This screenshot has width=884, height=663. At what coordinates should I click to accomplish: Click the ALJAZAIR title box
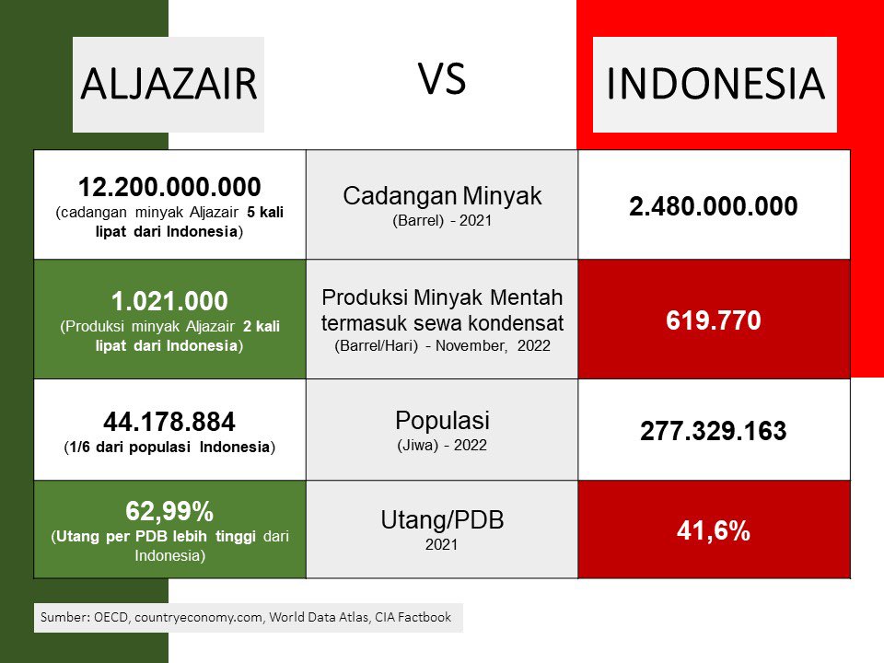tap(169, 84)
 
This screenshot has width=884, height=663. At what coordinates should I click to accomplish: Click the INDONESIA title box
tap(715, 84)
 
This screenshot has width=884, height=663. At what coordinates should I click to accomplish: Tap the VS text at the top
tap(443, 79)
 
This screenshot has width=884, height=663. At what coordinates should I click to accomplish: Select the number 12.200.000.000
tap(169, 187)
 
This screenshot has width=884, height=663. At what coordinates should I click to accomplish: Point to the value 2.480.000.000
tap(714, 207)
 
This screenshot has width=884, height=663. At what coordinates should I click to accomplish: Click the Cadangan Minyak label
tap(442, 195)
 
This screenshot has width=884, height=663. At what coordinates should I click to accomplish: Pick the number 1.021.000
tap(169, 301)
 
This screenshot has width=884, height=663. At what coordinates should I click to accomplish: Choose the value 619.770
tap(714, 321)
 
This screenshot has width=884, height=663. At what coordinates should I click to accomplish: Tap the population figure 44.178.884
tap(169, 422)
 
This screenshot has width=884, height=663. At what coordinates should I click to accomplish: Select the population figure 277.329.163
tap(714, 432)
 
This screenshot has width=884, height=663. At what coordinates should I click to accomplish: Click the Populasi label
tap(442, 421)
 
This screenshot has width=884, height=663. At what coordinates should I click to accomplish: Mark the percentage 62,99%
tap(169, 511)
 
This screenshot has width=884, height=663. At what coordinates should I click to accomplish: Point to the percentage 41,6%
tap(714, 530)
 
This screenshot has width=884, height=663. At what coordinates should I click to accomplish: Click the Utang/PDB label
tap(442, 520)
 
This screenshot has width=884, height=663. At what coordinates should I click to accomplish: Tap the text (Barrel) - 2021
tap(442, 221)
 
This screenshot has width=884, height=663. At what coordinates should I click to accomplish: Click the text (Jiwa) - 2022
tap(442, 445)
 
